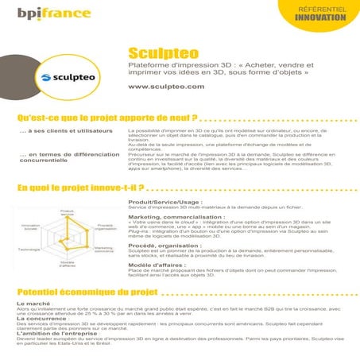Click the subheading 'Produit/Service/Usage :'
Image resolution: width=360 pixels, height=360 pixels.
165,203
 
